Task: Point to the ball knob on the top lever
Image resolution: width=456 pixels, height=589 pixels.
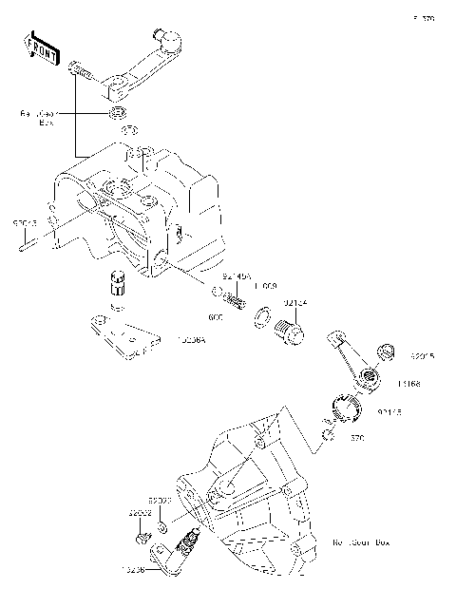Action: tap(172, 39)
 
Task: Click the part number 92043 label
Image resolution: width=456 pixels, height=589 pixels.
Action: tap(25, 222)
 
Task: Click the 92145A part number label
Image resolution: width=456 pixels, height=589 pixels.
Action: tap(237, 275)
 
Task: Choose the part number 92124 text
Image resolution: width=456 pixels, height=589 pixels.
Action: tap(295, 303)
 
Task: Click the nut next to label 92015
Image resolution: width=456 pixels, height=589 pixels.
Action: tap(387, 352)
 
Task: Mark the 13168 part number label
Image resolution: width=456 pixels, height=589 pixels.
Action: tap(410, 383)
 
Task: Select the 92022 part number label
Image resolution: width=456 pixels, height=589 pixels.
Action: tap(158, 500)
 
